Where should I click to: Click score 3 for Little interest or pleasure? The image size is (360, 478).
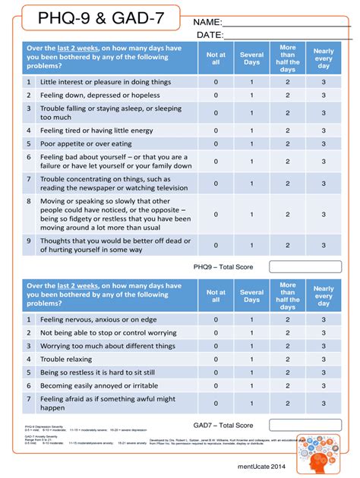324,81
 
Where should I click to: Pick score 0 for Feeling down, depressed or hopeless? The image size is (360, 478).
216,96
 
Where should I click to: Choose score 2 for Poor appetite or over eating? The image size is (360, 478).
287,143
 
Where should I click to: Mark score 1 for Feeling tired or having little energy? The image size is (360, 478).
252,130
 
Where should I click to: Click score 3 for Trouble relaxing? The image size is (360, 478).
324,359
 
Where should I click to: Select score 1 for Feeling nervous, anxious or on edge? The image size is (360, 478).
252,319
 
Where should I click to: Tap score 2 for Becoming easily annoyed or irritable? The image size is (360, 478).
287,385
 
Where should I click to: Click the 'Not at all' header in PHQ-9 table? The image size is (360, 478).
216,58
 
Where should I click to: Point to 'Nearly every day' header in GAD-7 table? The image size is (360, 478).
324,296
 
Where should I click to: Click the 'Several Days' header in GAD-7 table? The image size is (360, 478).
252,296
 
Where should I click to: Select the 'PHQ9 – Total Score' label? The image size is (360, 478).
223,266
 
